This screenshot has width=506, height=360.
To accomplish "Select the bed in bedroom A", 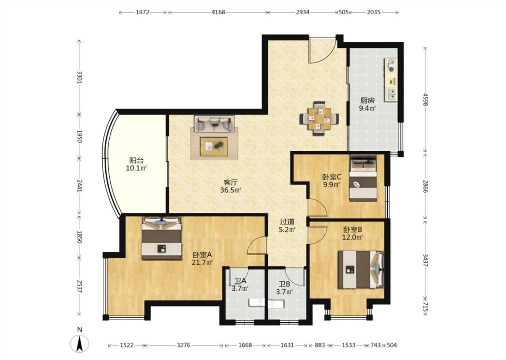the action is pyautogui.click(x=161, y=238).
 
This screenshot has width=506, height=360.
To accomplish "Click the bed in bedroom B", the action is pyautogui.click(x=361, y=270).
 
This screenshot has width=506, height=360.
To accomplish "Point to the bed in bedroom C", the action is pyautogui.click(x=363, y=179).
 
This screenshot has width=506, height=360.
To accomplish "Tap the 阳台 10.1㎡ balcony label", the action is pyautogui.click(x=136, y=164).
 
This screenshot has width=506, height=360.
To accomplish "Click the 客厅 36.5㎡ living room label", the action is pyautogui.click(x=231, y=186).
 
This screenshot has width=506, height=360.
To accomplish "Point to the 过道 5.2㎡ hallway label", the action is pyautogui.click(x=287, y=226).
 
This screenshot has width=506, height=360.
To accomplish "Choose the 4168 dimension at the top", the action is pyautogui.click(x=218, y=12).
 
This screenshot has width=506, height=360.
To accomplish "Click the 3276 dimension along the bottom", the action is pyautogui.click(x=184, y=345).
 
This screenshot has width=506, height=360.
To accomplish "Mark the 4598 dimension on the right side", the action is pyautogui.click(x=425, y=99).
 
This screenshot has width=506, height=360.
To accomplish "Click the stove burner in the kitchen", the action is pyautogui.click(x=391, y=65).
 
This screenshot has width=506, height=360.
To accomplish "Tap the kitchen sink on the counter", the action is pyautogui.click(x=391, y=94).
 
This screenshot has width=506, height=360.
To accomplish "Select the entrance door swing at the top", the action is pyautogui.click(x=322, y=51).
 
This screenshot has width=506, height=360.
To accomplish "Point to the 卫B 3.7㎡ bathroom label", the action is pyautogui.click(x=284, y=288).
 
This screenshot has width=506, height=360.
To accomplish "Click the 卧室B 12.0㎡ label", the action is pyautogui.click(x=352, y=234).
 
